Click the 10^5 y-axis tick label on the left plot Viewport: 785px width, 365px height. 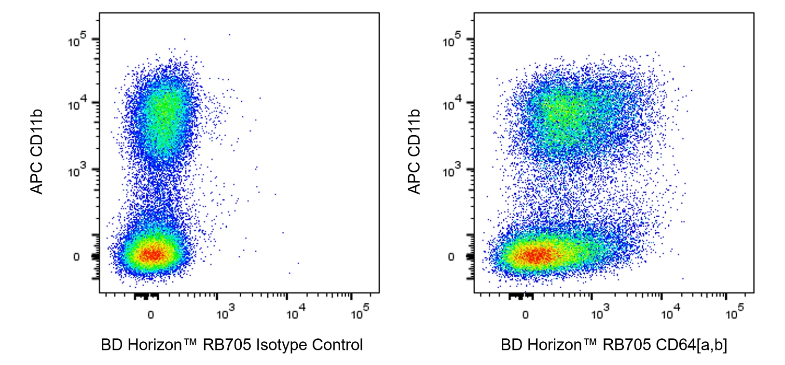click(x=77, y=40)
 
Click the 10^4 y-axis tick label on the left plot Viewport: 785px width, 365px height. click(x=77, y=103)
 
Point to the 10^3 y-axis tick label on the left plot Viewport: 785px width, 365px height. click(x=77, y=170)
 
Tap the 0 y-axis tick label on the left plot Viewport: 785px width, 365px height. click(x=76, y=257)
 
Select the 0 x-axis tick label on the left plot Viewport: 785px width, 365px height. click(x=151, y=315)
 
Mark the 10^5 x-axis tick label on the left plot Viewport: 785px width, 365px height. click(x=360, y=313)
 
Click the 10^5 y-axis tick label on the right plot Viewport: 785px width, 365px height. click(x=452, y=40)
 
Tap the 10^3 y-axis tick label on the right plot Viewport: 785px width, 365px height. click(x=452, y=170)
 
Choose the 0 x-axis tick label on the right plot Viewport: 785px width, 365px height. click(x=525, y=315)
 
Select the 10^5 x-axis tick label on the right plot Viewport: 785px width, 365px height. click(x=735, y=313)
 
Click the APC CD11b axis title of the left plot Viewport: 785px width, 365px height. click(x=37, y=152)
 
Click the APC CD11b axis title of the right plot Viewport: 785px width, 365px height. click(x=414, y=152)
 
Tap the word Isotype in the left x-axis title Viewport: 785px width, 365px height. click(x=281, y=345)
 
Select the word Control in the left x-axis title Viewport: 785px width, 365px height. click(x=337, y=345)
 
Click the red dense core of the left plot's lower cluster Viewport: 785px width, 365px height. click(x=151, y=253)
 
